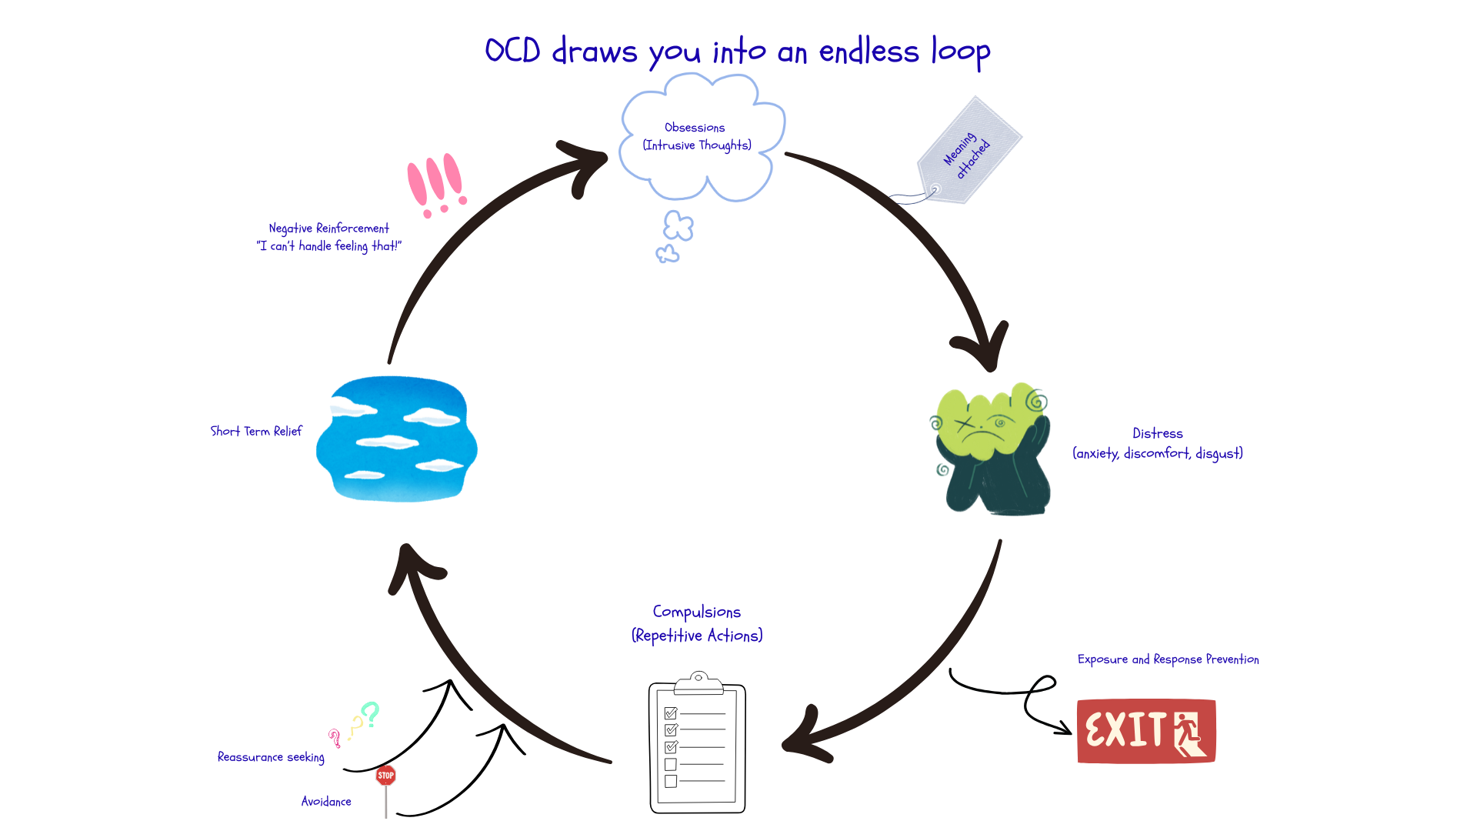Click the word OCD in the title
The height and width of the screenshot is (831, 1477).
coord(512,51)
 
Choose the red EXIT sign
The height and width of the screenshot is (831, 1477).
coord(1145,731)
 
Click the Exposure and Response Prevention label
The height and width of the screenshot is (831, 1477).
coord(1168,659)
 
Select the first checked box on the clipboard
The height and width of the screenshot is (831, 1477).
coord(671,713)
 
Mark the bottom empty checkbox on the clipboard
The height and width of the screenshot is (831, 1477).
coord(671,781)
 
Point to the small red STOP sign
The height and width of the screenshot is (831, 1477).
coord(385,776)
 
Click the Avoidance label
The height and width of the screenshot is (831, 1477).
coord(326,802)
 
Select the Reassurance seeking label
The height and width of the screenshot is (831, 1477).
coord(271,757)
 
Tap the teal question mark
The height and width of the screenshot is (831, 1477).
coord(371,714)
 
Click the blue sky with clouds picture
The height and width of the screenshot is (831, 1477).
coord(397,439)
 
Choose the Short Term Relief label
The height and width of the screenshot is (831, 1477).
coord(256,432)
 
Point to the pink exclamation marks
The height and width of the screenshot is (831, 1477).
coord(436,185)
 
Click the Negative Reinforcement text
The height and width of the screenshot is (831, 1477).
coord(328,229)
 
